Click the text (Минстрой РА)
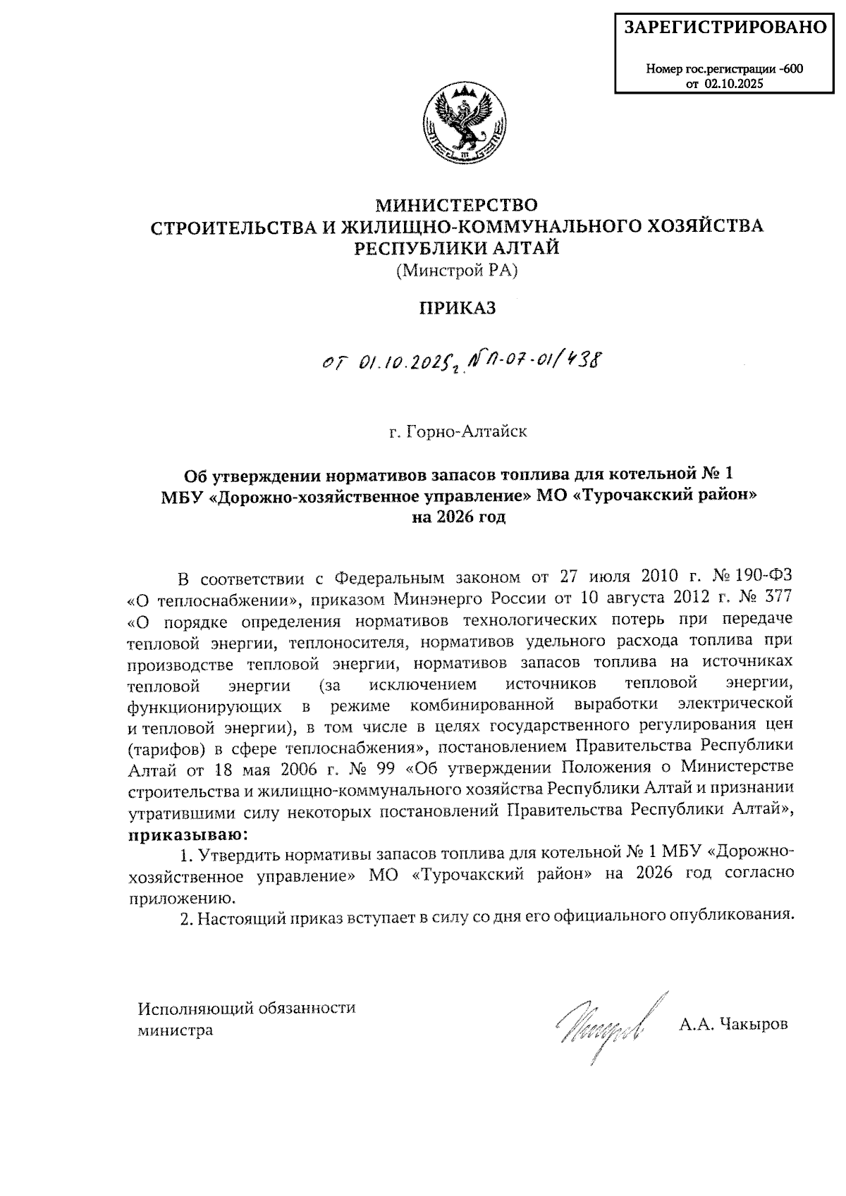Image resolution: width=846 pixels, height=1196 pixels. tap(456, 270)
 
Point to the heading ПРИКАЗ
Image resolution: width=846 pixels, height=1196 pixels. tap(458, 308)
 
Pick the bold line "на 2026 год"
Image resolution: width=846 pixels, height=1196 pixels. tap(459, 518)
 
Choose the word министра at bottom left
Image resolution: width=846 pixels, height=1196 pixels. tap(175, 1030)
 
